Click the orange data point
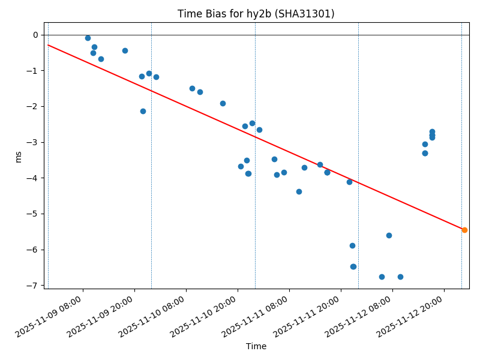click(x=464, y=230)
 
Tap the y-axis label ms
click(x=18, y=156)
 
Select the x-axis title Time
click(x=256, y=346)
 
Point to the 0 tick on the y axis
click(x=35, y=35)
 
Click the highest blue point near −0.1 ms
click(x=88, y=38)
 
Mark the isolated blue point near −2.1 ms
click(x=143, y=111)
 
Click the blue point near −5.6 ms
click(x=389, y=235)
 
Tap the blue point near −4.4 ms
click(x=299, y=191)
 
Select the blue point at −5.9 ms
click(x=352, y=245)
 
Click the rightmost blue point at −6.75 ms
click(x=400, y=277)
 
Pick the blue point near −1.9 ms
click(x=223, y=103)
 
